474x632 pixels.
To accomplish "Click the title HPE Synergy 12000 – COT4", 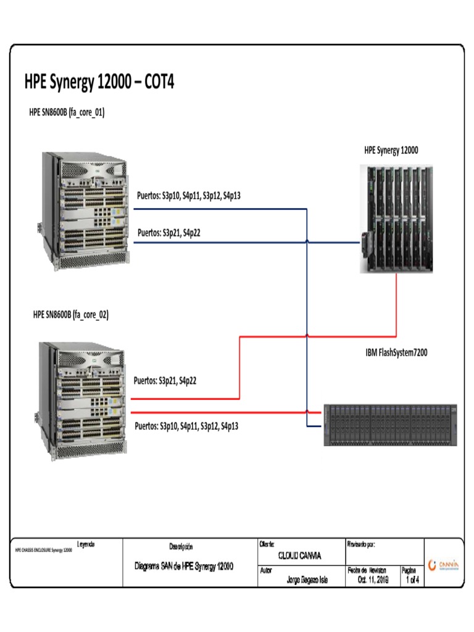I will pyautogui.click(x=99, y=83).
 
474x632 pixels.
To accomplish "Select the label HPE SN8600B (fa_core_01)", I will pyautogui.click(x=67, y=112).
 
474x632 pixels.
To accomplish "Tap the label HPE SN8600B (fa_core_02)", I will pyautogui.click(x=71, y=314).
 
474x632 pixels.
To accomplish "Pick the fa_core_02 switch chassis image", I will pyautogui.click(x=85, y=395).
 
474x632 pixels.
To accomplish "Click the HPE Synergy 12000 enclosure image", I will pyautogui.click(x=395, y=219).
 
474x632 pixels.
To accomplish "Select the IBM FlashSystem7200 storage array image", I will pyautogui.click(x=390, y=425).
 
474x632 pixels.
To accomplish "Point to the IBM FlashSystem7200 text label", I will pyautogui.click(x=397, y=353).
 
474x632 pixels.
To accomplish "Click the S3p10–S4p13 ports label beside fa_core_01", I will pyautogui.click(x=188, y=196).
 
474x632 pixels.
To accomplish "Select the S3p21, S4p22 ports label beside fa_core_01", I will pyautogui.click(x=168, y=233).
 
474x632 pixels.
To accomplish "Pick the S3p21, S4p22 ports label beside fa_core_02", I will pyautogui.click(x=165, y=380).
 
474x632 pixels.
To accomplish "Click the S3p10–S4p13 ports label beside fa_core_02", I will pyautogui.click(x=186, y=426).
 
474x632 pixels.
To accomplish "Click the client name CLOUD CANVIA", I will pyautogui.click(x=299, y=555).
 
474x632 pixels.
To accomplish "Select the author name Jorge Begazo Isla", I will pyautogui.click(x=307, y=580).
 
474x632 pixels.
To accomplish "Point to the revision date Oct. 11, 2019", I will pyautogui.click(x=372, y=580).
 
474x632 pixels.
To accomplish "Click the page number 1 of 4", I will pyautogui.click(x=410, y=580).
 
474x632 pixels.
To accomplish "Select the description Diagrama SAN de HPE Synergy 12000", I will pyautogui.click(x=183, y=567).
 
